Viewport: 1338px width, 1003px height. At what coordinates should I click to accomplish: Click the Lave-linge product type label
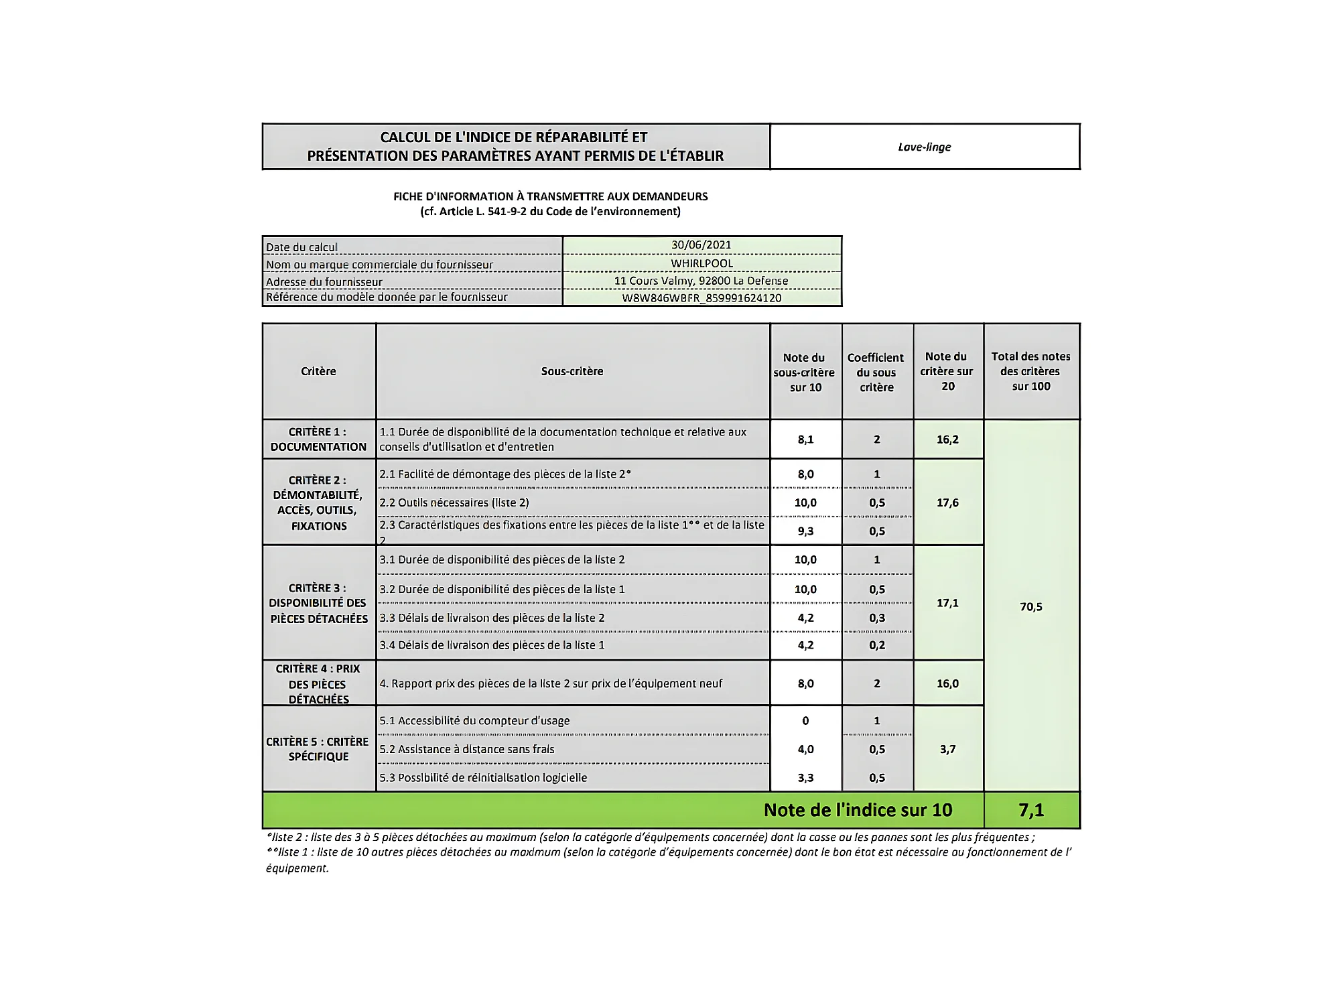click(x=924, y=147)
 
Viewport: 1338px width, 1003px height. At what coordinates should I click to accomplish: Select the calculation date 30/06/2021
click(x=701, y=245)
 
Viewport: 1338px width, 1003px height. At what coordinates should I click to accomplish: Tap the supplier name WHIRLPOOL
click(x=701, y=263)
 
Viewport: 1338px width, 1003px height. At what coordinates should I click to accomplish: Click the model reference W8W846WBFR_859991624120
click(x=701, y=298)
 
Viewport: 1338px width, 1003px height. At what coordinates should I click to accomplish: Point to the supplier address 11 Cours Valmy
click(x=701, y=281)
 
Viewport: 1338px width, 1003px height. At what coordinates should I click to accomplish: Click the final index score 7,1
click(x=1031, y=810)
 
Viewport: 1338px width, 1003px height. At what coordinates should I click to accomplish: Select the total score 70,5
click(x=1030, y=606)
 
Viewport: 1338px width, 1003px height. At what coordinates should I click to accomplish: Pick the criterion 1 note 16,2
click(x=947, y=440)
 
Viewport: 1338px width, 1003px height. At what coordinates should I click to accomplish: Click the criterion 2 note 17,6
click(x=947, y=503)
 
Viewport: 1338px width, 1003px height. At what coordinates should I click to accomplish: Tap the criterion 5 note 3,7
click(x=947, y=749)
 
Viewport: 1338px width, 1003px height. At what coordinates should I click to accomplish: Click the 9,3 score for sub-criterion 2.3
click(x=805, y=531)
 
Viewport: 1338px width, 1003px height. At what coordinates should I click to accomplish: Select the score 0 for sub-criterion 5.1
click(x=805, y=721)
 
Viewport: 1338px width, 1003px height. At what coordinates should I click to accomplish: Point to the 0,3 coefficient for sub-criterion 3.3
click(x=877, y=618)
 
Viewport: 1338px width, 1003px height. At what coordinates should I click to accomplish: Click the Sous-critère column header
click(x=572, y=371)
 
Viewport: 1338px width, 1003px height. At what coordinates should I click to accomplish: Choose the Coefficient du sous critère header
click(x=876, y=373)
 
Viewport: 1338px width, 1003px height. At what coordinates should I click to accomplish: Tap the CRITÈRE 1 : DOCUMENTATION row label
click(x=318, y=440)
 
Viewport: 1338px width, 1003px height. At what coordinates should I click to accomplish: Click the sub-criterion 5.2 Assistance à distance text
click(x=467, y=749)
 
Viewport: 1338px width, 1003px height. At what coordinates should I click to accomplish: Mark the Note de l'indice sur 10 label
click(x=858, y=810)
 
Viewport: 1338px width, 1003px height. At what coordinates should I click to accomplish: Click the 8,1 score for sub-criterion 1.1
click(x=805, y=440)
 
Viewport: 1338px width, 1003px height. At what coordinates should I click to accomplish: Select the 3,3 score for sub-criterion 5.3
click(x=805, y=778)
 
